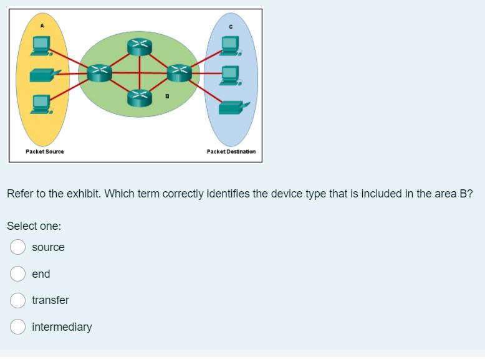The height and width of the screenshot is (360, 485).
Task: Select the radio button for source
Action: [x=17, y=247]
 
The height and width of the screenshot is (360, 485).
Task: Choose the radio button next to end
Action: [x=17, y=274]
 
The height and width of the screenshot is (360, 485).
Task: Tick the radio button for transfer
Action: [x=17, y=300]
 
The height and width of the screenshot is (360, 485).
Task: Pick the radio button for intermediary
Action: [x=17, y=327]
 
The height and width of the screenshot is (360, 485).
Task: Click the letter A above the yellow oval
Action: [x=42, y=26]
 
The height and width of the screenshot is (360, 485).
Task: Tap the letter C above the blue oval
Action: [x=231, y=26]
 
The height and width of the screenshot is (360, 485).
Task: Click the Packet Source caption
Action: [x=45, y=151]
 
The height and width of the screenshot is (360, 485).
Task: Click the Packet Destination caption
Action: [x=231, y=151]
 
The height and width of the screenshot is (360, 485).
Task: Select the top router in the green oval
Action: [x=139, y=45]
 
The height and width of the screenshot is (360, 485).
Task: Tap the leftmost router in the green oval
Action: [x=98, y=72]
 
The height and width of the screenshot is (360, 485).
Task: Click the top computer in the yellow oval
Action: [x=42, y=44]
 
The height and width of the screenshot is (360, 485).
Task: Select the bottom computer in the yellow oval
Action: [x=42, y=103]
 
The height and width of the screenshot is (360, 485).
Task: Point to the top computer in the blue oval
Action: [x=230, y=44]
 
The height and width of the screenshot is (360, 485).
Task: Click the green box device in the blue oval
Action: [x=231, y=107]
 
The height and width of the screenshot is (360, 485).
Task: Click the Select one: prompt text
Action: [x=34, y=226]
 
